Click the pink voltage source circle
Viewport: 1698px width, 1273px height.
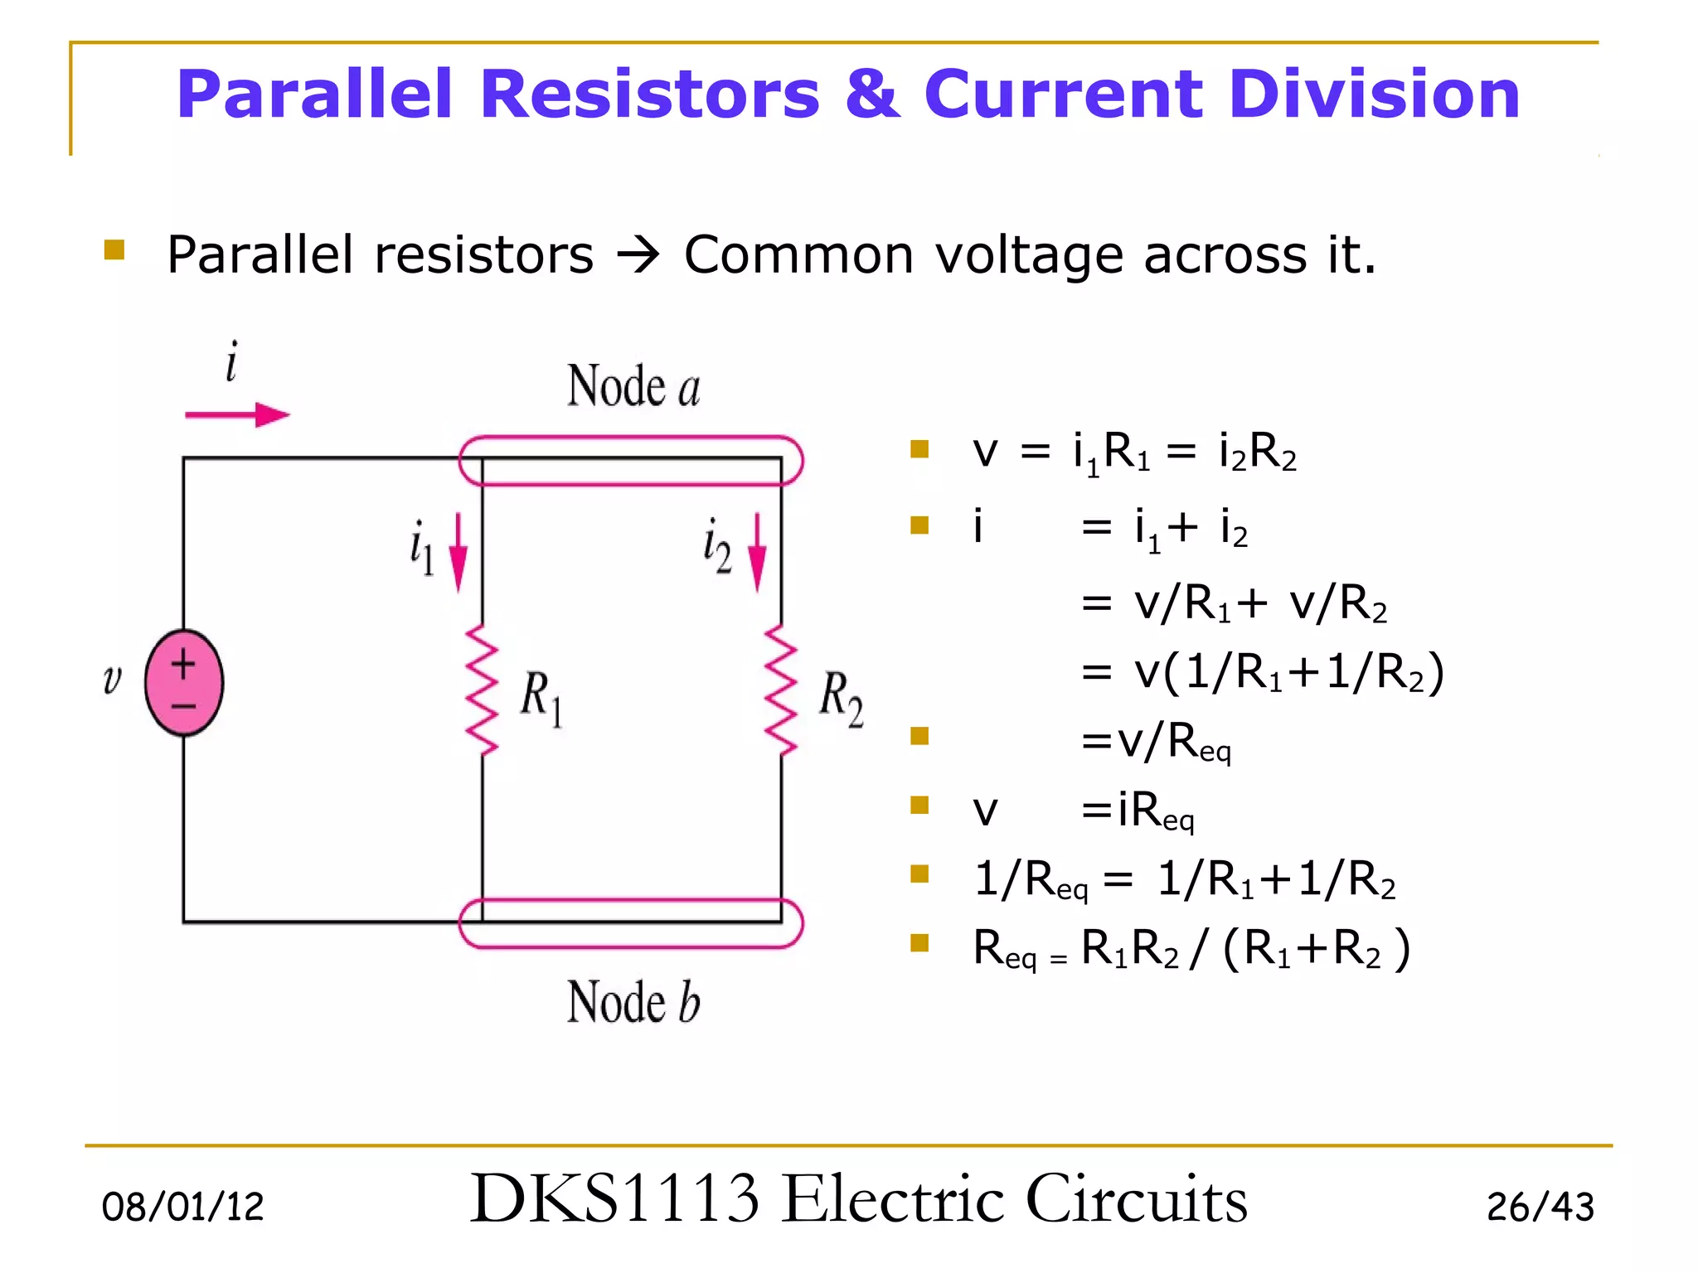tap(184, 683)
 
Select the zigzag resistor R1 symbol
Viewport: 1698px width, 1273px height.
tap(482, 690)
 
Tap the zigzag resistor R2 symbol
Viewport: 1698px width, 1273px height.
tap(780, 690)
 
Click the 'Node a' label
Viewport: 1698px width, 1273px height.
tap(633, 386)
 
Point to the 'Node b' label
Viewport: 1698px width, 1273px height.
tap(633, 1002)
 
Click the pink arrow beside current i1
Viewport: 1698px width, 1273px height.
tap(458, 553)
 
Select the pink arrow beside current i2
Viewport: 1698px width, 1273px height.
tap(757, 553)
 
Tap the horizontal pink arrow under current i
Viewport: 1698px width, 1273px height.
tap(237, 414)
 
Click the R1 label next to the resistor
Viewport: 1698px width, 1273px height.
tap(541, 698)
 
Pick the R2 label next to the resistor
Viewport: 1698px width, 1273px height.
tap(841, 698)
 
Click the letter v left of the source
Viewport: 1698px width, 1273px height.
tap(112, 680)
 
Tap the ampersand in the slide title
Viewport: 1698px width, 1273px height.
tap(871, 94)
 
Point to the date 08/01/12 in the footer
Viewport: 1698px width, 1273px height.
tap(182, 1206)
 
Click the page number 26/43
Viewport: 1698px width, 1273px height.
tap(1540, 1207)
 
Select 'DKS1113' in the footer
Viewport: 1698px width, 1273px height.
tap(614, 1198)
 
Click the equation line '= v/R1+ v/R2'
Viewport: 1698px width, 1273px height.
tap(1234, 603)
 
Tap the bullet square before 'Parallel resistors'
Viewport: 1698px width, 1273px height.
tap(114, 249)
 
